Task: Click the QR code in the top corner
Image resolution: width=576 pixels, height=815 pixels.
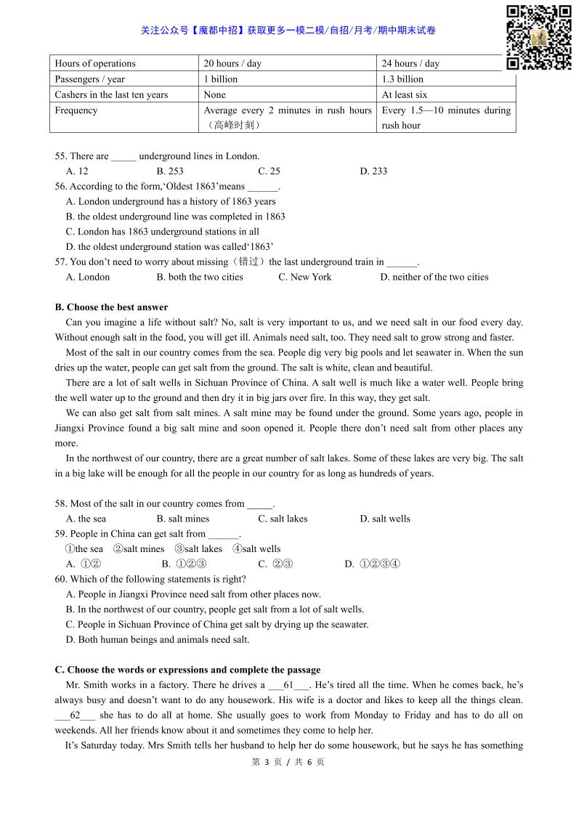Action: pyautogui.click(x=538, y=37)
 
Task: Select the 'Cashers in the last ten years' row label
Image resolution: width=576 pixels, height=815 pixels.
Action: pyautogui.click(x=111, y=94)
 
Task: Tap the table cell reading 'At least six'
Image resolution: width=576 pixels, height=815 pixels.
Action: pyautogui.click(x=405, y=94)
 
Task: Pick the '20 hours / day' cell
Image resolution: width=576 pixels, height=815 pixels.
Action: pyautogui.click(x=232, y=63)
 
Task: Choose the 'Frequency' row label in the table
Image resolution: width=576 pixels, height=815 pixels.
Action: pyautogui.click(x=76, y=110)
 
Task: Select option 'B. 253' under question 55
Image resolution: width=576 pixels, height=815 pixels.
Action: pyautogui.click(x=169, y=171)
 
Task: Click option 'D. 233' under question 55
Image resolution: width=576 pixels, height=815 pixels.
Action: pyautogui.click(x=373, y=171)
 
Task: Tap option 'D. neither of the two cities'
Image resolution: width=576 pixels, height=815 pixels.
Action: pyautogui.click(x=434, y=277)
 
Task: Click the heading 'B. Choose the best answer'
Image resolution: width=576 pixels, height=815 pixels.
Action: pyautogui.click(x=111, y=307)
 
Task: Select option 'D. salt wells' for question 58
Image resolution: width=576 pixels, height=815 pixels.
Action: pyautogui.click(x=384, y=519)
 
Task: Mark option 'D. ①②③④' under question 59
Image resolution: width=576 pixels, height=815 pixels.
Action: pyautogui.click(x=372, y=564)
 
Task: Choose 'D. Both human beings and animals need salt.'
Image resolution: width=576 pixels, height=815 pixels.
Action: pyautogui.click(x=157, y=640)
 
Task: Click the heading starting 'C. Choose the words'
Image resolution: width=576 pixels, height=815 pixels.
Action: pyautogui.click(x=187, y=670)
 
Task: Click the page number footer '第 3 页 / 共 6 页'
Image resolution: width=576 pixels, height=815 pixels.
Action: pyautogui.click(x=288, y=762)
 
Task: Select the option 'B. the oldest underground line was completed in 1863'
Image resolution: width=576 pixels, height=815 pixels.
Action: pyautogui.click(x=175, y=216)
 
